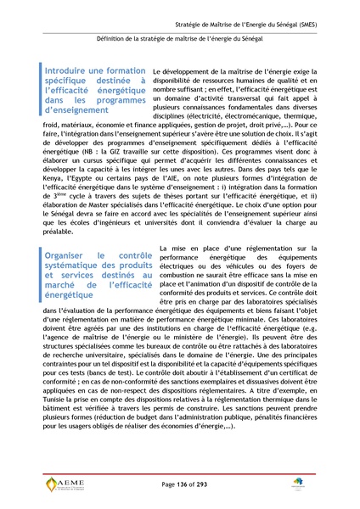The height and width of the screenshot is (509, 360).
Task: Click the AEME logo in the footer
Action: click(x=65, y=485)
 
